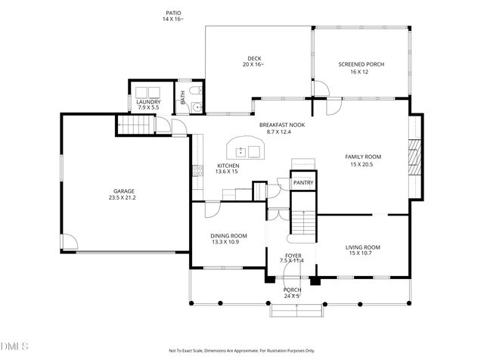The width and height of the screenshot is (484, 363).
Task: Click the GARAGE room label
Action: pos(124,191)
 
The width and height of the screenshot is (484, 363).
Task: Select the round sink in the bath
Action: pos(197,107)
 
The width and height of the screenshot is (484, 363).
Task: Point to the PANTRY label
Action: pos(303,182)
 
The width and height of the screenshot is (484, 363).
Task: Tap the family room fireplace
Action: pos(413,157)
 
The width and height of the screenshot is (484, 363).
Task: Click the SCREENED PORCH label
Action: pos(361,65)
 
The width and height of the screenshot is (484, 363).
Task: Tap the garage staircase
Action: pos(133,125)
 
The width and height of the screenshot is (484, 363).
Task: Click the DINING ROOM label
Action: pos(228,235)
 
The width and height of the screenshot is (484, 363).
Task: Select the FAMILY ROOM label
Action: pos(363,157)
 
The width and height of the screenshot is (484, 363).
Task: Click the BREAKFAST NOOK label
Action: pos(281,126)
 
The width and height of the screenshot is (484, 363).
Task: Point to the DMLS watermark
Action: pos(14,346)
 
